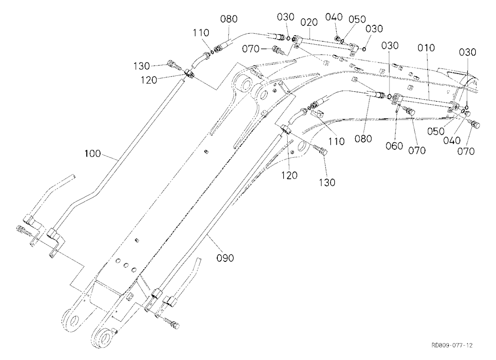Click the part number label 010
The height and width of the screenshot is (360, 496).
coord(426,48)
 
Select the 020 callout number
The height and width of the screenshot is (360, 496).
coord(309,23)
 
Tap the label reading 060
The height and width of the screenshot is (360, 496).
coord(394,146)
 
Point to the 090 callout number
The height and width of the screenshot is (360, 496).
coord(225,258)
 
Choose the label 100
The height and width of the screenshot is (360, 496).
coord(93,154)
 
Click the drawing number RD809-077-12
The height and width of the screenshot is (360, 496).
coord(452,346)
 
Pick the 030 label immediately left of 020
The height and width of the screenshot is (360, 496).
coord(286,17)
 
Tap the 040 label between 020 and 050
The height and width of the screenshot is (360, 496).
coord(334,17)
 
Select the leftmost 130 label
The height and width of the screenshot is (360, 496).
coord(141,66)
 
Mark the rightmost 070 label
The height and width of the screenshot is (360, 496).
coord(466,152)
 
